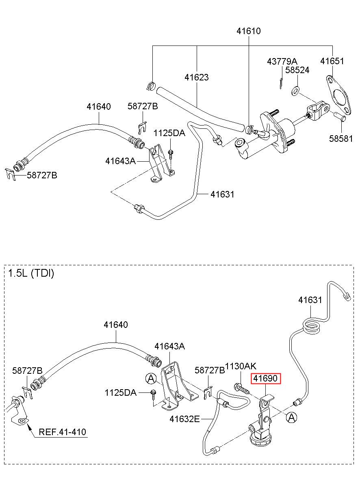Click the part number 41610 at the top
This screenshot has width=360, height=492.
tap(248, 31)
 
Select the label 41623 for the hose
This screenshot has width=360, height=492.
tap(196, 77)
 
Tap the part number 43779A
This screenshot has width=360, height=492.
tap(282, 61)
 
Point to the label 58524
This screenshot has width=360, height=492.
tap(297, 70)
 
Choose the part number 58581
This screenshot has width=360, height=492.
tap(341, 139)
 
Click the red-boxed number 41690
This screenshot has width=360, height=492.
tap(266, 378)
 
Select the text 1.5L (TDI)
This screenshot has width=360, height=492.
tap(31, 273)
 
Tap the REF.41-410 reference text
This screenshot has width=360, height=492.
tap(63, 432)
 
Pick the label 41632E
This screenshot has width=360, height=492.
tap(184, 419)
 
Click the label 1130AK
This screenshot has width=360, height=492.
tap(241, 366)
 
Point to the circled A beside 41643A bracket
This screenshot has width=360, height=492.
tap(151, 378)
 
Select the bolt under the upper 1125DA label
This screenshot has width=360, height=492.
tap(171, 154)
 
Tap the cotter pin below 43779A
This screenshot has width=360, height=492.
tap(281, 84)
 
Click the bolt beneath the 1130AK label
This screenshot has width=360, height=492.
tap(242, 388)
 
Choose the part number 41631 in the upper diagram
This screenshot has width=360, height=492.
tap(222, 194)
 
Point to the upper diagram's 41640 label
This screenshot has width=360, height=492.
tap(99, 107)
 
